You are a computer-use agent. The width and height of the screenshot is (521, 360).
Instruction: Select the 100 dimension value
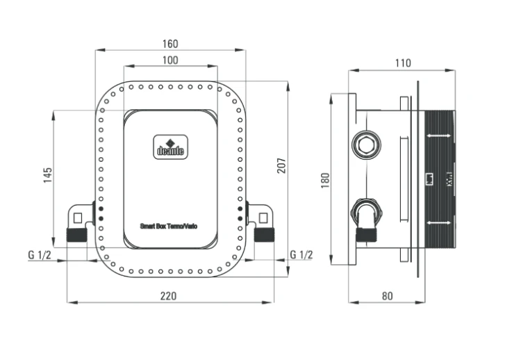click(170, 60)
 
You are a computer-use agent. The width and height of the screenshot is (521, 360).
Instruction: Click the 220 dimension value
click(169, 296)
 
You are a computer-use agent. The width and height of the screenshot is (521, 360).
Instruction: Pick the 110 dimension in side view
click(403, 63)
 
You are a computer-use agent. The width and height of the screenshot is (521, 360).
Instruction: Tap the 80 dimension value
click(387, 296)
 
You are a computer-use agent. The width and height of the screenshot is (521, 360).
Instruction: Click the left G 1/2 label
click(40, 254)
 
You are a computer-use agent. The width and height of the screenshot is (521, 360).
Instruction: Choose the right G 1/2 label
click(301, 254)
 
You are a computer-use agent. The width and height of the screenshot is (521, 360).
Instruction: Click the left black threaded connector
click(77, 235)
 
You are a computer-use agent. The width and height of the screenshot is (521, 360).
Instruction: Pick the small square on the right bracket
click(263, 218)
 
